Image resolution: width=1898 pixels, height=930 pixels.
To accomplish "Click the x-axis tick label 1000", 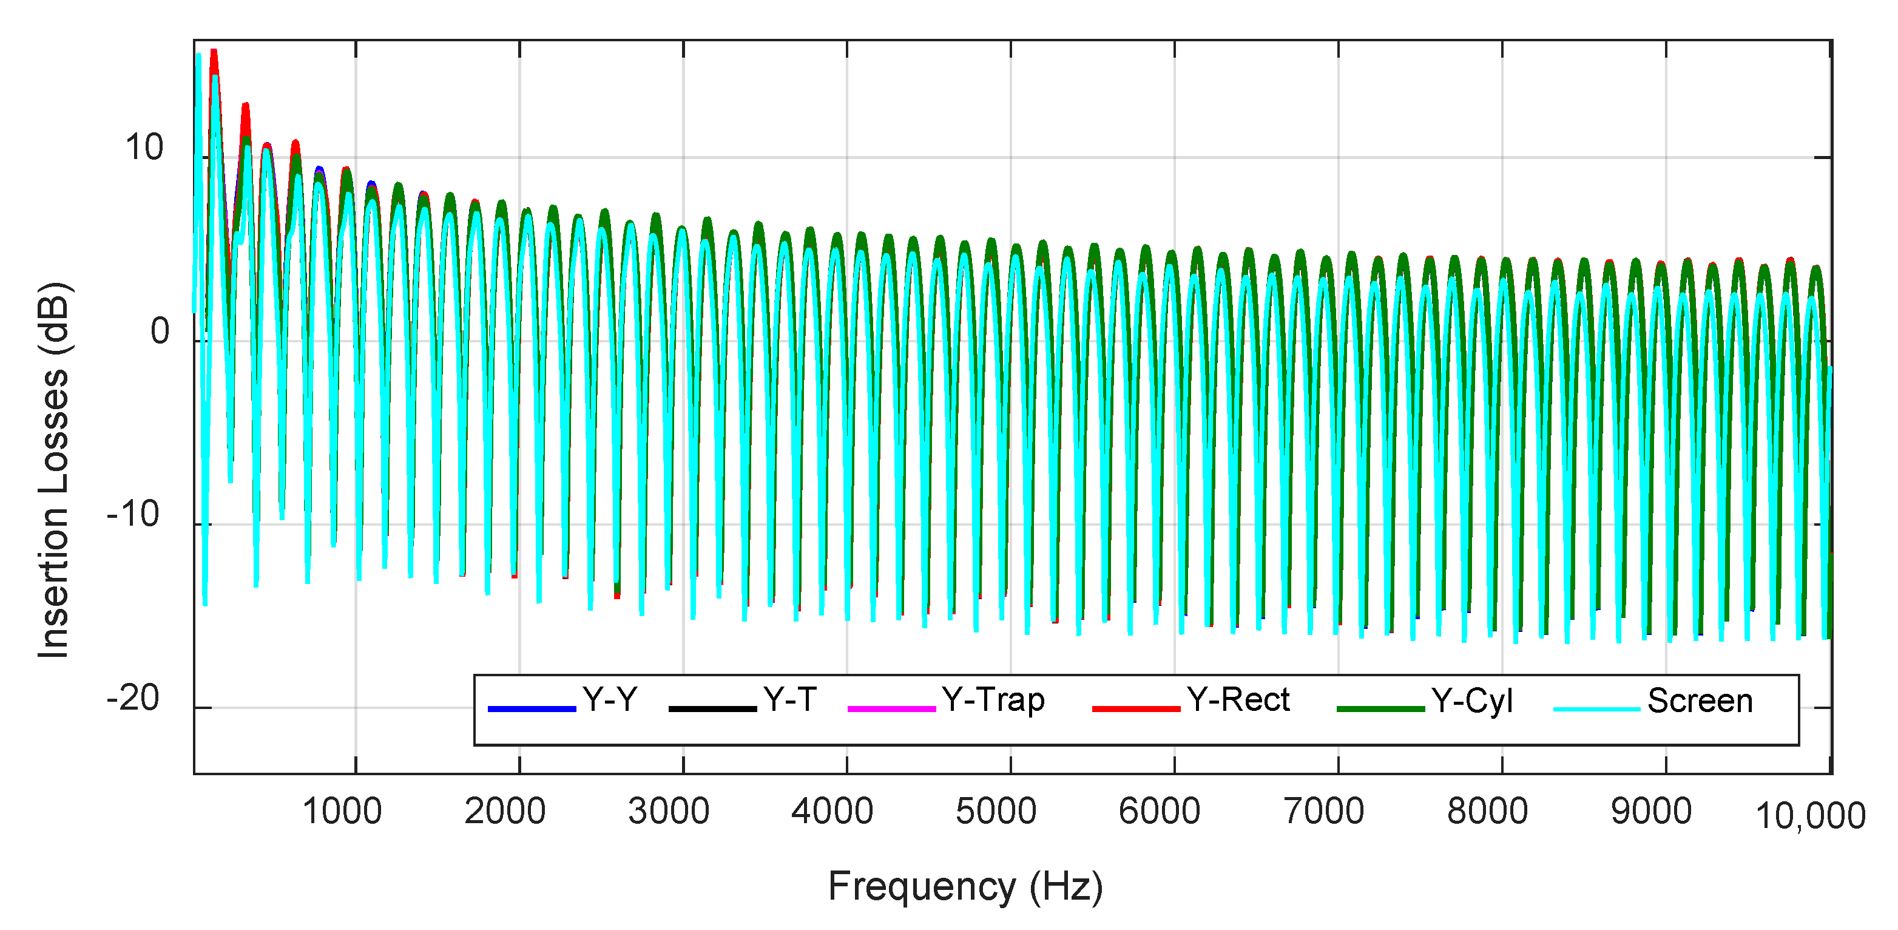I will (x=342, y=812).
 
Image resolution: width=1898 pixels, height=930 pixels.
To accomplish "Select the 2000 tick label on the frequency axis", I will (x=505, y=812).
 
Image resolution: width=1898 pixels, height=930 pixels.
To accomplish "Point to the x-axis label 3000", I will (x=668, y=812).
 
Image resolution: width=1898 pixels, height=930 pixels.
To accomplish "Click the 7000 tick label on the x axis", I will (x=1324, y=812).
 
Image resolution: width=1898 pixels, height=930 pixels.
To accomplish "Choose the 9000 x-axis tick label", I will (x=1651, y=812).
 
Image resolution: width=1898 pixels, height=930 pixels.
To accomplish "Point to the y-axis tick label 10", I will (x=144, y=148).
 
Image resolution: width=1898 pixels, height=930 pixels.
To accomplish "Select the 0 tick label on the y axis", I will (x=160, y=331).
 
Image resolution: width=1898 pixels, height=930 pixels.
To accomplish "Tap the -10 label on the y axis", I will (x=133, y=514).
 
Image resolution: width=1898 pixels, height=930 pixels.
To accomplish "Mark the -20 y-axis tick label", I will (x=133, y=698).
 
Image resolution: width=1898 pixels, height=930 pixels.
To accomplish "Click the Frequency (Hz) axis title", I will (x=965, y=886).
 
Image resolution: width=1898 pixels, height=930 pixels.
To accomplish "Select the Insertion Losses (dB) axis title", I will (x=54, y=469).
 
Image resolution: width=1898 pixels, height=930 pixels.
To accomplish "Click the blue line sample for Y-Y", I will (x=532, y=708).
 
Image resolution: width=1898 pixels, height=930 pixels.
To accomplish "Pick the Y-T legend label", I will (x=790, y=699).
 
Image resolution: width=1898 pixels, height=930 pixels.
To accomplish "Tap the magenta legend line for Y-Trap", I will (x=891, y=708).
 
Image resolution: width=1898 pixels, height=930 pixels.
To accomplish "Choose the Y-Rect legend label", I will (x=1238, y=699).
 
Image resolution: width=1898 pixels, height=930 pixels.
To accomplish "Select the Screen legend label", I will (x=1700, y=701).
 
